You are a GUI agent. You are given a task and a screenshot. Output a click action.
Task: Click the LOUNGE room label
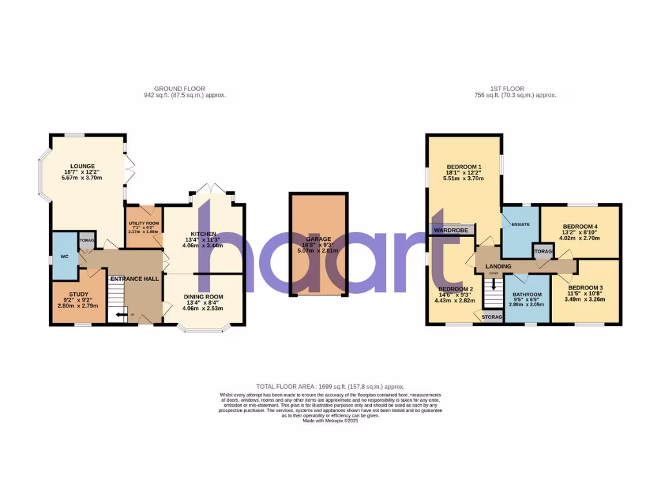click(82, 166)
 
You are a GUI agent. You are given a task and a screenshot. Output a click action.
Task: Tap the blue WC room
click(64, 256)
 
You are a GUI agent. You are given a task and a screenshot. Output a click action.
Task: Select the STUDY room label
click(78, 294)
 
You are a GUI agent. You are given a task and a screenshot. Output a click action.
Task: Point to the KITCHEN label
click(203, 234)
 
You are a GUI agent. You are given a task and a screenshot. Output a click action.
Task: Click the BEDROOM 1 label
click(464, 167)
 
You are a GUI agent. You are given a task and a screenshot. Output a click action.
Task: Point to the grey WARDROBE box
click(451, 229)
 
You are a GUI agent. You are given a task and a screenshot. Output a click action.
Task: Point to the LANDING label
click(498, 266)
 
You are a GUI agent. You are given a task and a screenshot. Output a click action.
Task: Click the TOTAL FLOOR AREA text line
click(330, 386)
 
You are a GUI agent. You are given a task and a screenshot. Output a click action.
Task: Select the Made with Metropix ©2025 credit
click(330, 420)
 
